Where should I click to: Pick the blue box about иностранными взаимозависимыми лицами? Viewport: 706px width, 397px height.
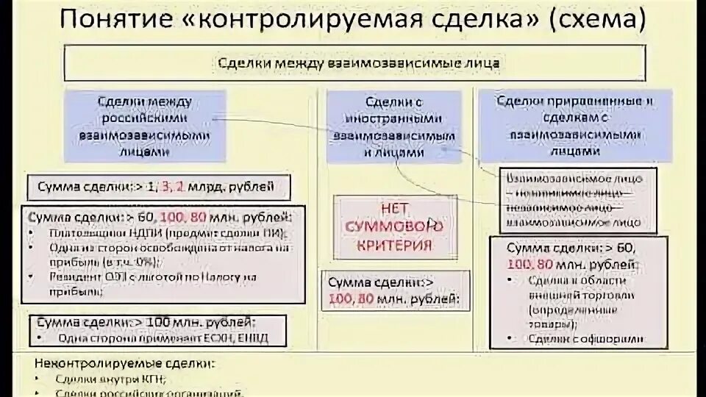[x=395, y=126]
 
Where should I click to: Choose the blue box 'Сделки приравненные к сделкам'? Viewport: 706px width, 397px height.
[x=575, y=125]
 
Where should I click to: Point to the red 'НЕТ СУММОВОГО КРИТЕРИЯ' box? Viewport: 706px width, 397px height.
[x=395, y=224]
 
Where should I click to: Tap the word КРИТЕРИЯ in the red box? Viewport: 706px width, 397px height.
[x=395, y=245]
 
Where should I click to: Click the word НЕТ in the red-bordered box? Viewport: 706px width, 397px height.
[x=395, y=208]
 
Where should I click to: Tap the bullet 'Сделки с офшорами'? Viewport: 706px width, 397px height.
[x=585, y=339]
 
